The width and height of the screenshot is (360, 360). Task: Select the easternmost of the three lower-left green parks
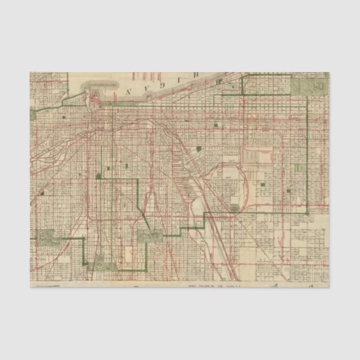149,236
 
